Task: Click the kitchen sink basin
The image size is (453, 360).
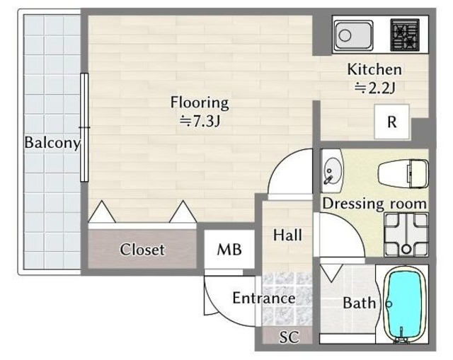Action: coord(354,35)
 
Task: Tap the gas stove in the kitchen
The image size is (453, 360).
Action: coord(405,35)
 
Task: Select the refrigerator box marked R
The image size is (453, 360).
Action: coord(391,122)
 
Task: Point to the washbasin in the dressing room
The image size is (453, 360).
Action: coord(332,171)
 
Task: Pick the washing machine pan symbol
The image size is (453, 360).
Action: coord(406,235)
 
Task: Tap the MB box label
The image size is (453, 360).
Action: coord(229,250)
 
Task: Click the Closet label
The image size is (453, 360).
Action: coord(142,250)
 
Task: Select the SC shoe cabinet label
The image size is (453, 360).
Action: coord(289,337)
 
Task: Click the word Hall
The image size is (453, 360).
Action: coord(288,235)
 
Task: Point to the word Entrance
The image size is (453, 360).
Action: coord(264,298)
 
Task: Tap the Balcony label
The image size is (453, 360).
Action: coord(52,143)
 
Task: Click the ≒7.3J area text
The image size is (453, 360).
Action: coord(200,121)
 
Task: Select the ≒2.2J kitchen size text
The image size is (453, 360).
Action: coord(374,88)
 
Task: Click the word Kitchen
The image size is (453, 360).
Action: coord(374,69)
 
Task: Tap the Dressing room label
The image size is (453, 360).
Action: coord(374,204)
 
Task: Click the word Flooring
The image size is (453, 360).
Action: coord(200,103)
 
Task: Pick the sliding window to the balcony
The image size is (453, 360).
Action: coord(84,127)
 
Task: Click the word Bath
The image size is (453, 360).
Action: coord(360,303)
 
